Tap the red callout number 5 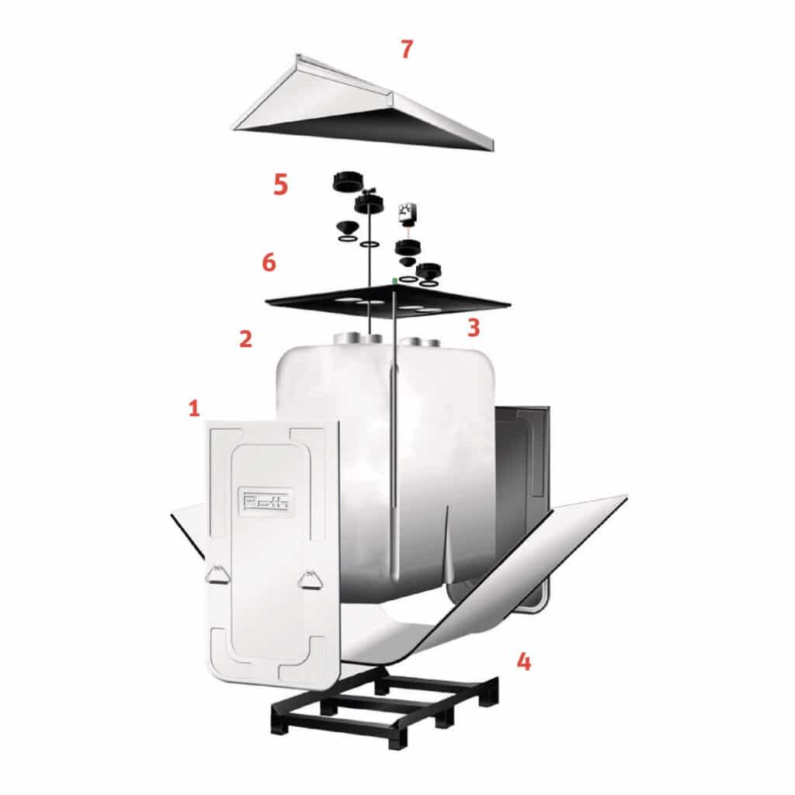(x=280, y=184)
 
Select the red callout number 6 (x=269, y=262)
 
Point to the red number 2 (x=245, y=338)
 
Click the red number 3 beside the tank (x=473, y=327)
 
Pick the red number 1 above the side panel (x=194, y=408)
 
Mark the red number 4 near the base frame (x=524, y=662)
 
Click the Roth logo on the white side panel (x=266, y=501)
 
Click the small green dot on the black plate (x=395, y=278)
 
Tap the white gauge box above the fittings (x=406, y=212)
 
